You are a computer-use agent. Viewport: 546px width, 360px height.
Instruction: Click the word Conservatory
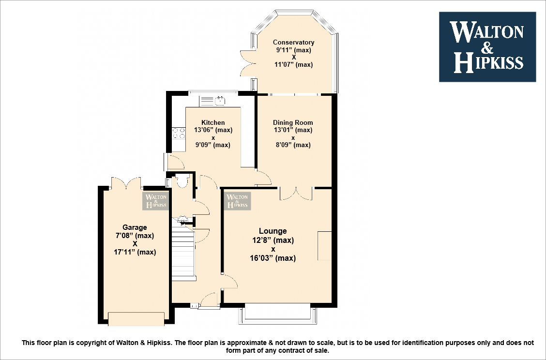coord(293,43)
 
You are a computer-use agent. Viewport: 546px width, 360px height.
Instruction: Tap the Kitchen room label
coord(213,122)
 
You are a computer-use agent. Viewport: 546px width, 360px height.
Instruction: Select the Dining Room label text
coord(293,122)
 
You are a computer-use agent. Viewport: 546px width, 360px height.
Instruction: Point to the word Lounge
coord(273,231)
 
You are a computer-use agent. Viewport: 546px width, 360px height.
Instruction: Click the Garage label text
coord(135,227)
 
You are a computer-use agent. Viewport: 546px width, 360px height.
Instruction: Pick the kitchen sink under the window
coord(213,101)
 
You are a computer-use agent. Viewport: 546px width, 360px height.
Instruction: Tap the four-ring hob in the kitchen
coord(178,133)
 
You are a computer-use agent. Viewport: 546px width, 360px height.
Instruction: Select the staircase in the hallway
coord(183,254)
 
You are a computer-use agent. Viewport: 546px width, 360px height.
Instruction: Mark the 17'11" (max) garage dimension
coord(135,252)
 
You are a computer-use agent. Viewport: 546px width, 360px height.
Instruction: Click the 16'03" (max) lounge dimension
coord(273,258)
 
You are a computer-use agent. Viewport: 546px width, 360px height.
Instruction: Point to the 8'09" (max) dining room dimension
coord(293,145)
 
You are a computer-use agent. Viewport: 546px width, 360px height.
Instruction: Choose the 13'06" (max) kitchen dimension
coord(213,130)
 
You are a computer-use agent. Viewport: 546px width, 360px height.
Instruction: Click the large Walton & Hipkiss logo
coord(487,46)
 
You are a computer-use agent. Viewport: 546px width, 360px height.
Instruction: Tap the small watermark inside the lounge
coord(237,200)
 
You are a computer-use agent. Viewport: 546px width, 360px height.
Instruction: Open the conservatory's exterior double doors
coord(247,63)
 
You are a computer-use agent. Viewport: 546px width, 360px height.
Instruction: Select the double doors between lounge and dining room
coord(296,193)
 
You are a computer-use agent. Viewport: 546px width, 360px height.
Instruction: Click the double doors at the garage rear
coord(126,183)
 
